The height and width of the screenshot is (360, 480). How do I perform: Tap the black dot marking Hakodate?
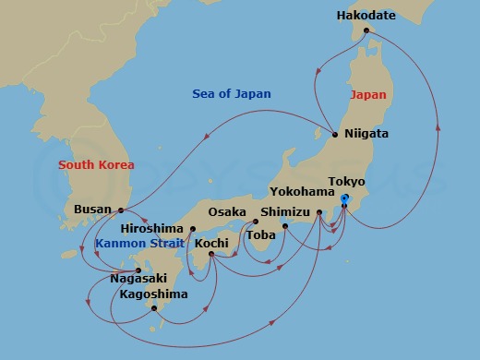pos(366,30)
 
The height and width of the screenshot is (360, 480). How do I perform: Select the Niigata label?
pos(366,134)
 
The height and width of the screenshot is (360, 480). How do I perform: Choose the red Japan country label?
pos(368,94)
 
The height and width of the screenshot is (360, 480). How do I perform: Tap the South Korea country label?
pos(96,165)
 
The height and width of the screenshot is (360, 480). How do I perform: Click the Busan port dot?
pos(121,210)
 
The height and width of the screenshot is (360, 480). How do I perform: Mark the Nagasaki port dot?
pos(138,270)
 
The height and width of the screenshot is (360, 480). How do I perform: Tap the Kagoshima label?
pos(153,294)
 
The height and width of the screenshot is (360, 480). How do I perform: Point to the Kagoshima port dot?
pos(154,308)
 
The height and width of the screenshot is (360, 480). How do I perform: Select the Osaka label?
pos(227,212)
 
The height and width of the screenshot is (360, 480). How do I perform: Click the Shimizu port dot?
pos(284,226)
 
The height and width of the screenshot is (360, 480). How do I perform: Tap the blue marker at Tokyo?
pos(344,198)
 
